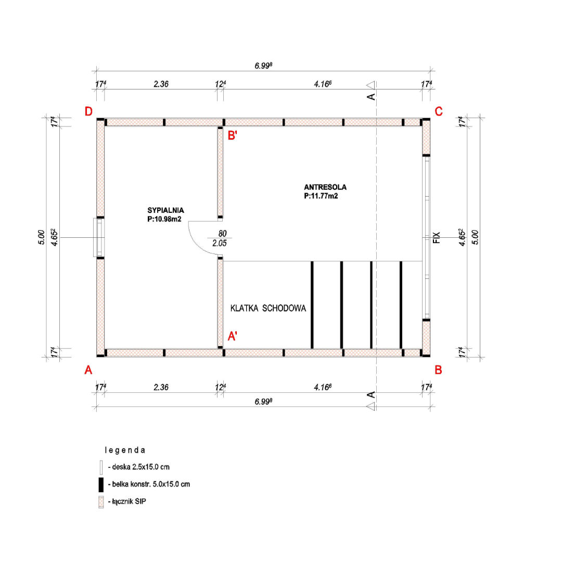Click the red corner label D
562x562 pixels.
tap(88, 111)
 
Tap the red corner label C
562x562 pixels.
tap(438, 111)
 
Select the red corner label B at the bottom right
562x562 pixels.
tap(438, 370)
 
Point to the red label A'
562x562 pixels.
tap(232, 336)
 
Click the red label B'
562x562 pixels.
tap(232, 135)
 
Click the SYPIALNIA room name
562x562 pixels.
tap(165, 210)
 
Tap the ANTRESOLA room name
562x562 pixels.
tap(325, 187)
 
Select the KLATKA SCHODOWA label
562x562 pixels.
tap(268, 308)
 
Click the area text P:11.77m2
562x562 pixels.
tap(321, 196)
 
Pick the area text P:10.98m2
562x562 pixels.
tap(164, 219)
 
